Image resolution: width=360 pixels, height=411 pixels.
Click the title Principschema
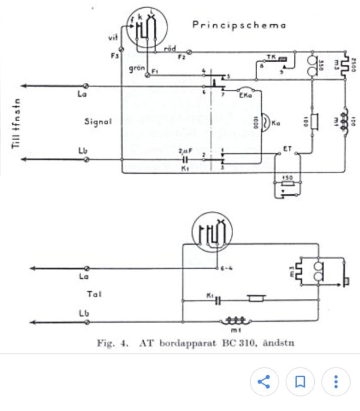pos(239,25)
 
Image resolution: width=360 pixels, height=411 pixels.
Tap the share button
pos(264,382)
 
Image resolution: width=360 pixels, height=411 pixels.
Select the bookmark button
pos(300,382)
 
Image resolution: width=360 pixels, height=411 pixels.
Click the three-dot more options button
pos(336,382)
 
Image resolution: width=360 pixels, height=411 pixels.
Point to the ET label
pos(288,149)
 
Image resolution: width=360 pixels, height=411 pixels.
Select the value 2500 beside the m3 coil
pos(354,63)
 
